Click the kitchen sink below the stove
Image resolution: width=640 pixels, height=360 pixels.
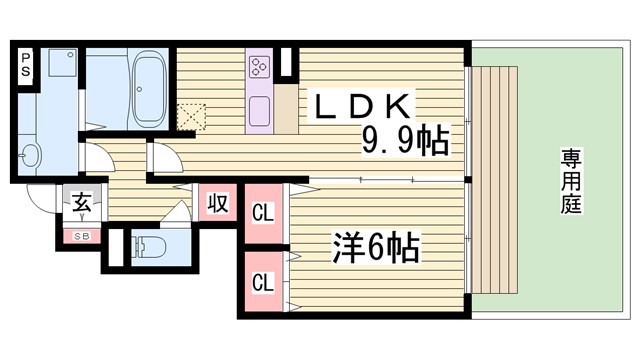pos(260,108)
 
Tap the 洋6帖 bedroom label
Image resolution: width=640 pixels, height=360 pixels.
pos(375,246)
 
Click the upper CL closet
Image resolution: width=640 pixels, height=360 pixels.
pos(263,212)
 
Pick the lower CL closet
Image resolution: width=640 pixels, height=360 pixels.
pos(263,283)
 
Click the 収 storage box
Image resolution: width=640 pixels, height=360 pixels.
pos(218,203)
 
